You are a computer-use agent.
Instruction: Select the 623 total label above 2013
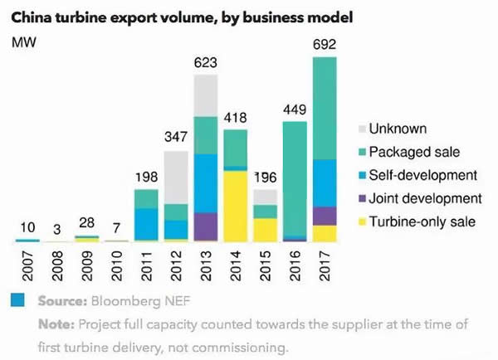click(206, 64)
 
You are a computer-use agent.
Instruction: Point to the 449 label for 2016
click(295, 111)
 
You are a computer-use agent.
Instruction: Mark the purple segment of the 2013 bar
click(206, 226)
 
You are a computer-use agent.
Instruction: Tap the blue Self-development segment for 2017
click(325, 182)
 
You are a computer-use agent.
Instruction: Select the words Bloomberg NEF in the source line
click(132, 299)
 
